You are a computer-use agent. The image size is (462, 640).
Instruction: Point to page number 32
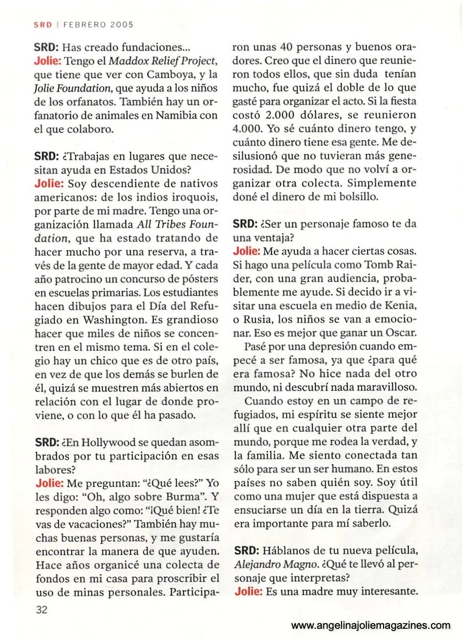click(x=42, y=611)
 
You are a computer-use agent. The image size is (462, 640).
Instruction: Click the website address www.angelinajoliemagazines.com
click(x=371, y=625)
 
